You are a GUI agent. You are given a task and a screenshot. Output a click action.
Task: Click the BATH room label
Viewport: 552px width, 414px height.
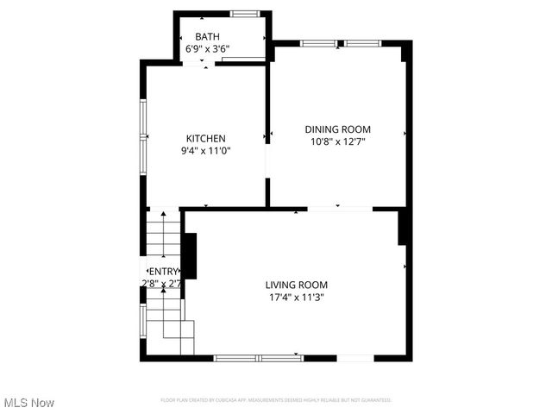click(207, 36)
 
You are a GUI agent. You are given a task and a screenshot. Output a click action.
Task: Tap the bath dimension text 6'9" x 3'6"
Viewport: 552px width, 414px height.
click(207, 49)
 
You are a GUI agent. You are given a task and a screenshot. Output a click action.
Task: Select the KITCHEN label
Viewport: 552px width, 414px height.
click(206, 138)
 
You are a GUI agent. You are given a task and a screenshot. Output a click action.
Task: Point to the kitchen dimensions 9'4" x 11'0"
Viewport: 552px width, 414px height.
click(206, 150)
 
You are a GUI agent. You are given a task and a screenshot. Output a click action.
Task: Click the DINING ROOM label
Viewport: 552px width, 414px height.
click(337, 129)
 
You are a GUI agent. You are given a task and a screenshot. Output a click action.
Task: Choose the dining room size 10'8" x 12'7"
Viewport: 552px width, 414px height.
click(337, 141)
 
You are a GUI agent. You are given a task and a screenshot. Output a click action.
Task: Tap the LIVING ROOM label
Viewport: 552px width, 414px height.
click(296, 285)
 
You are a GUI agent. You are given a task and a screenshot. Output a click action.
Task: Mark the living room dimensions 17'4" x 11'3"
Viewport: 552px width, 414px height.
click(296, 298)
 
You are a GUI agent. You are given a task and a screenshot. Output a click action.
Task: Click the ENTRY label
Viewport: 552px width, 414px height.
click(161, 272)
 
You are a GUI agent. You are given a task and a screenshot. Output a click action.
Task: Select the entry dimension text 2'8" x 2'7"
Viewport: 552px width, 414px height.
click(161, 283)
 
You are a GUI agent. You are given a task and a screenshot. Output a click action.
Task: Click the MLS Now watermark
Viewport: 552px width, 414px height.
click(29, 403)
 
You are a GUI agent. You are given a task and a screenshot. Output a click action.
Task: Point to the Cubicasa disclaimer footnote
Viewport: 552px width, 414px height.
click(276, 400)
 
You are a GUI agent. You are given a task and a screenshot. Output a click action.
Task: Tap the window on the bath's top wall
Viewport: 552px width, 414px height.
click(245, 13)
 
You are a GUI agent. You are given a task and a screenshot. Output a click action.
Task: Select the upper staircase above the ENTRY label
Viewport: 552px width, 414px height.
click(163, 236)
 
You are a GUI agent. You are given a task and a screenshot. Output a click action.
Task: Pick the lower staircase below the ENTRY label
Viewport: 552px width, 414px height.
click(167, 323)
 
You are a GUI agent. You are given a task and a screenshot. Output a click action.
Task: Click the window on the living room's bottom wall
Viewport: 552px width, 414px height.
click(258, 357)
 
